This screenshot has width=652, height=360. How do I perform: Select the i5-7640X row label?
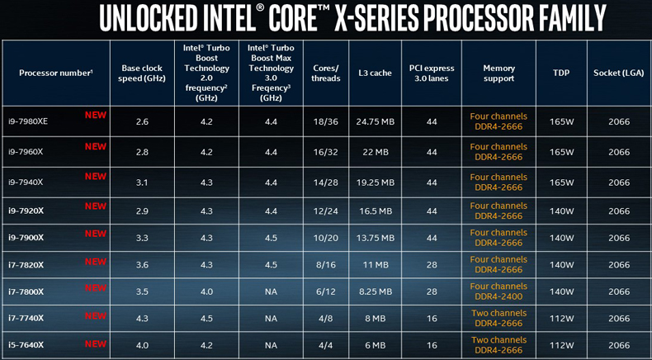[26, 345]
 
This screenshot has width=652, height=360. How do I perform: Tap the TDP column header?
[561, 73]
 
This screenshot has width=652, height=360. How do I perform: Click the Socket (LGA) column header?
[619, 73]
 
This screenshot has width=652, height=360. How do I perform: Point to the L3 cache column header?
[375, 73]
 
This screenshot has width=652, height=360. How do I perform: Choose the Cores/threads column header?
[326, 73]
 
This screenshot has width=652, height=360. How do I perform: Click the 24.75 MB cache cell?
[375, 122]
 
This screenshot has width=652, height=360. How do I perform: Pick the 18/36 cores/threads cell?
[326, 122]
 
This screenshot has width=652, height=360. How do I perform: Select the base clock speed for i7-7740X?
[142, 319]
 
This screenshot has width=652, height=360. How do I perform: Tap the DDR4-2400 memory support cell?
[498, 296]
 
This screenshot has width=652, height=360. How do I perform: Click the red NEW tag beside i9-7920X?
[96, 206]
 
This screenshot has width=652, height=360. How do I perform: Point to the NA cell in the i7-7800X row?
[271, 291]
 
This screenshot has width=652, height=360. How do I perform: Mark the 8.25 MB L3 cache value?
[375, 291]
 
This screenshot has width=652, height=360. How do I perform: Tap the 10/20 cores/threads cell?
[326, 238]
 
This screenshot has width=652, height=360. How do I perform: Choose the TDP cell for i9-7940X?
[561, 182]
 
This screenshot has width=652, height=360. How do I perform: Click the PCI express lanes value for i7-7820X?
[432, 265]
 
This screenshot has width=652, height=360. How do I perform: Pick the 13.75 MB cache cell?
[375, 238]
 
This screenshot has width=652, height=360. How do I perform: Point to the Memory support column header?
[498, 73]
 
